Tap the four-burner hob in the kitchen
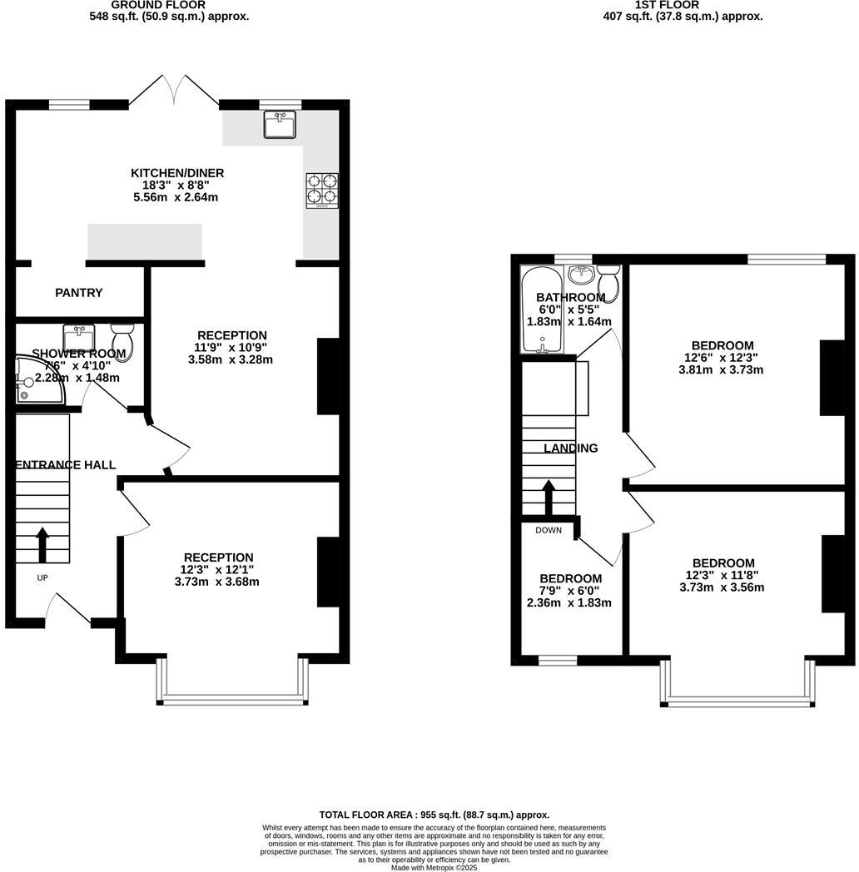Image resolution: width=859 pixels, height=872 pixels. click(322, 189)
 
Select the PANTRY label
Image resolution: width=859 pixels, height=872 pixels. click(79, 293)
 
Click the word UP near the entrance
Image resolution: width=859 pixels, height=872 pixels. click(42, 577)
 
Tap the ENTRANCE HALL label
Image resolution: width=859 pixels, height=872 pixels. click(66, 465)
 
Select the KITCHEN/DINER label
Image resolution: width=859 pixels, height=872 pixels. click(177, 173)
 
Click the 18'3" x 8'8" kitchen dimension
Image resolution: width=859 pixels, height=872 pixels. click(177, 186)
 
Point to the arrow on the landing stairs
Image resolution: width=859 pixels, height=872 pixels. click(549, 497)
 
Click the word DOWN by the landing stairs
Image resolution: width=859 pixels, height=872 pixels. click(549, 530)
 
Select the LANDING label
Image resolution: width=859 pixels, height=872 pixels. click(571, 448)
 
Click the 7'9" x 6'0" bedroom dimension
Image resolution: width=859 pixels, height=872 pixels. click(569, 591)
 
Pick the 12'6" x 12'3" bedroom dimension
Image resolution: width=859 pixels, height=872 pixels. click(722, 358)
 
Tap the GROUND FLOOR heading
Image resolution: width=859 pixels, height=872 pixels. click(146, 5)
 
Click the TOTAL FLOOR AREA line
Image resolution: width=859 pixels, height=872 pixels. click(434, 815)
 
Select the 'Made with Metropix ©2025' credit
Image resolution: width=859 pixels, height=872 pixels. click(434, 867)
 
